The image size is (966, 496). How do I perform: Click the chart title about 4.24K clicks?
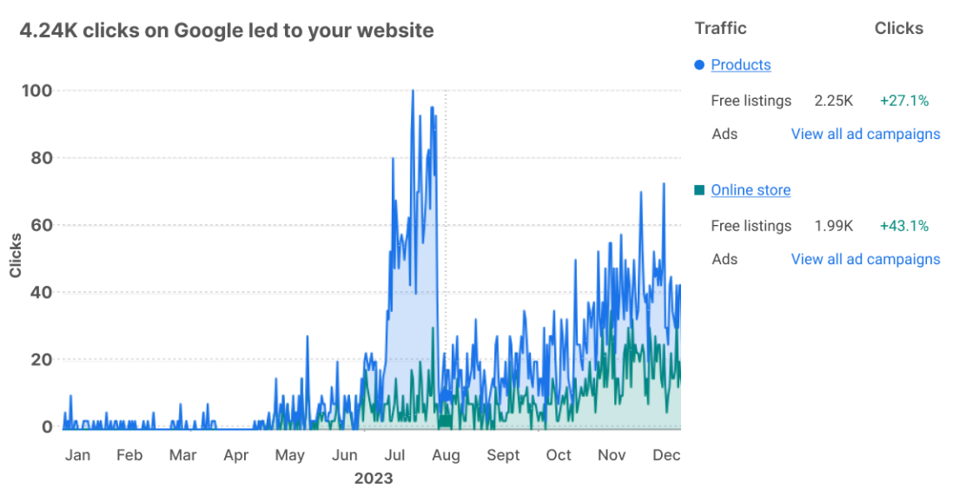[226, 30]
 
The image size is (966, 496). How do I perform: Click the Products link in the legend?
[740, 65]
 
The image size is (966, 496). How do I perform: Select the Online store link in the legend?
[751, 190]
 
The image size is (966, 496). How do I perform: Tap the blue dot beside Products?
[699, 65]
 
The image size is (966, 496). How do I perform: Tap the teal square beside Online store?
[699, 190]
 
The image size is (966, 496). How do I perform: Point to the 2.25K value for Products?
[833, 101]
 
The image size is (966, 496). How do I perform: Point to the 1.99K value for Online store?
[833, 226]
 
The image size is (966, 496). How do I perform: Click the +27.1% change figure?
[903, 101]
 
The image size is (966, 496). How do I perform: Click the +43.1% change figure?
[903, 226]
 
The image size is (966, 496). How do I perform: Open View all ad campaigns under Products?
[865, 135]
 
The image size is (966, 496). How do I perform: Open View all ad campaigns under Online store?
[865, 260]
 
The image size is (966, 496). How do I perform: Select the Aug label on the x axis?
[446, 455]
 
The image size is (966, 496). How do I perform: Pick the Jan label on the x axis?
[77, 455]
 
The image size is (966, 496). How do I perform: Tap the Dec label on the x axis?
[666, 455]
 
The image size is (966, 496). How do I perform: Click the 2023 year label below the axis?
[373, 479]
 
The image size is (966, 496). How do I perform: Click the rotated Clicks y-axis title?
[16, 255]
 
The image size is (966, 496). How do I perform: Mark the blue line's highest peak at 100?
[413, 90]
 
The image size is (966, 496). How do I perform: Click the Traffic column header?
[720, 29]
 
